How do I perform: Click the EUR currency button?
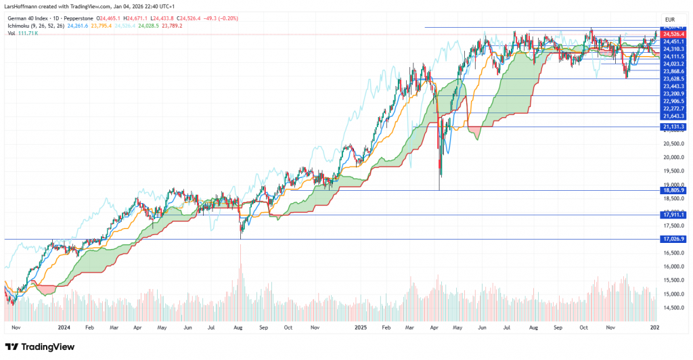[x=671, y=19]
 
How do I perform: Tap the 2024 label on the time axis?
[x=64, y=326]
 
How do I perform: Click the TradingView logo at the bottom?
[x=45, y=347]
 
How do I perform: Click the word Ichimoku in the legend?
[x=20, y=26]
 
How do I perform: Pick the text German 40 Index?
[x=27, y=19]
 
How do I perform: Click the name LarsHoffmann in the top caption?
[x=23, y=6]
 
